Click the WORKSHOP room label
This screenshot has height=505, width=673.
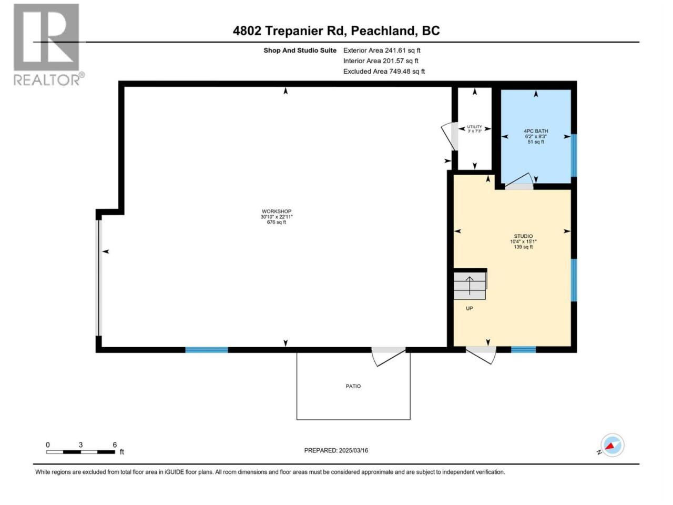tap(276, 211)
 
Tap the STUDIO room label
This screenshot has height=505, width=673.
tap(523, 236)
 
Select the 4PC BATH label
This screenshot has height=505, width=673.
tap(536, 131)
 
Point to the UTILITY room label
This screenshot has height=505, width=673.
tap(474, 127)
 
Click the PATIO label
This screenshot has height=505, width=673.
tap(353, 386)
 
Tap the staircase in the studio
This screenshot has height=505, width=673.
tap(470, 285)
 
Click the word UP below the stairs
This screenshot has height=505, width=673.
tap(469, 308)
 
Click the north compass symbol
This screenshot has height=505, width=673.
tap(612, 445)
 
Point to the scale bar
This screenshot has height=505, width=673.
tap(81, 452)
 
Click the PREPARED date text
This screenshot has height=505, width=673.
tap(336, 450)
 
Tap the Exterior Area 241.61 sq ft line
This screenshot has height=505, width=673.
tap(382, 50)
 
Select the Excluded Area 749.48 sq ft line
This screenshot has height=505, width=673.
tap(384, 72)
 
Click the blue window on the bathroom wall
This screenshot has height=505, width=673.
tap(574, 156)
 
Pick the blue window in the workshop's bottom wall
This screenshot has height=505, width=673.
tap(207, 350)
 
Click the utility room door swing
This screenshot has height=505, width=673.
tap(448, 136)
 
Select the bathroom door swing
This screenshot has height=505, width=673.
tap(519, 181)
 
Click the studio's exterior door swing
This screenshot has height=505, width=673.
tap(481, 355)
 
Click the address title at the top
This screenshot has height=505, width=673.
tap(336, 31)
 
